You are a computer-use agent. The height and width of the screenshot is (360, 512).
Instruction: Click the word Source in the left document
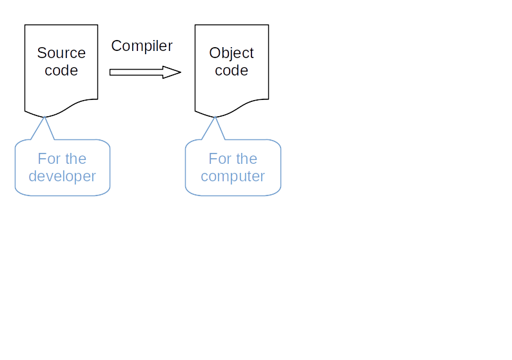pyautogui.click(x=61, y=53)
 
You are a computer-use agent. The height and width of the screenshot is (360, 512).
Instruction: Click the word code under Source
pyautogui.click(x=61, y=70)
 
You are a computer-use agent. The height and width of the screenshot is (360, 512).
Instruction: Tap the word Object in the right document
pyautogui.click(x=231, y=53)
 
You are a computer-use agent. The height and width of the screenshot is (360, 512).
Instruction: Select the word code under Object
pyautogui.click(x=231, y=70)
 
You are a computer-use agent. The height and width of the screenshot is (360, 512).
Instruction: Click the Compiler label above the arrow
pyautogui.click(x=142, y=46)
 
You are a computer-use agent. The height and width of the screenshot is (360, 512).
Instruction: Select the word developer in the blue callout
pyautogui.click(x=62, y=176)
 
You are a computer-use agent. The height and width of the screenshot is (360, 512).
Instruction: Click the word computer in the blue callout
pyautogui.click(x=233, y=176)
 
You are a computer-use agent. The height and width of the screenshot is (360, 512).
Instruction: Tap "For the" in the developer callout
pyautogui.click(x=62, y=159)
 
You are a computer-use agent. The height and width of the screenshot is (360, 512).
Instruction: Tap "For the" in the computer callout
pyautogui.click(x=233, y=159)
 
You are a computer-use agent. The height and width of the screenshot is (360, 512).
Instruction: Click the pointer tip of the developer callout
pyautogui.click(x=44, y=117)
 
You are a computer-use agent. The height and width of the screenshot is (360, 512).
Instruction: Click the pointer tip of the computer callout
pyautogui.click(x=215, y=117)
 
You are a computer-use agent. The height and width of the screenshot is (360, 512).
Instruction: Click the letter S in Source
pyautogui.click(x=41, y=53)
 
